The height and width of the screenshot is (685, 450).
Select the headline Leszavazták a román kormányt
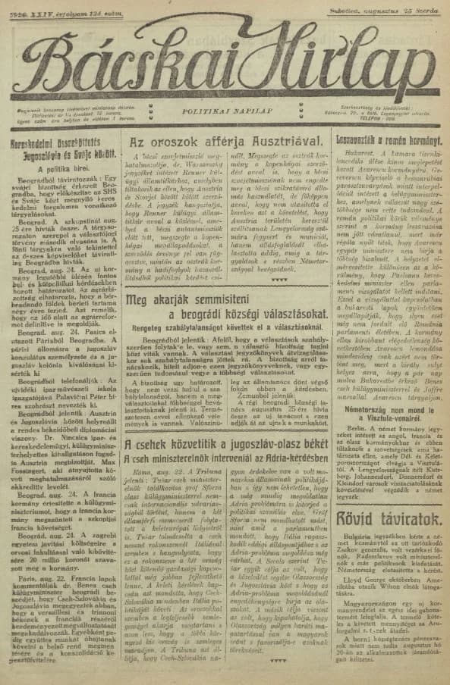[389, 141]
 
